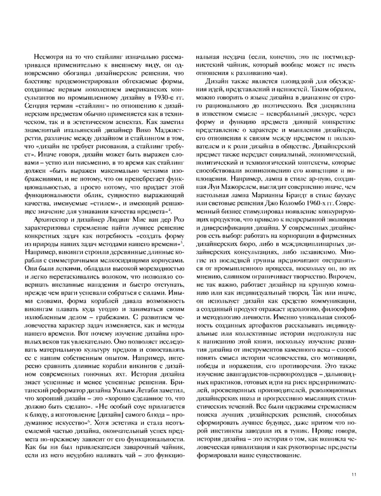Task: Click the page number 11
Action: (354, 472)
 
